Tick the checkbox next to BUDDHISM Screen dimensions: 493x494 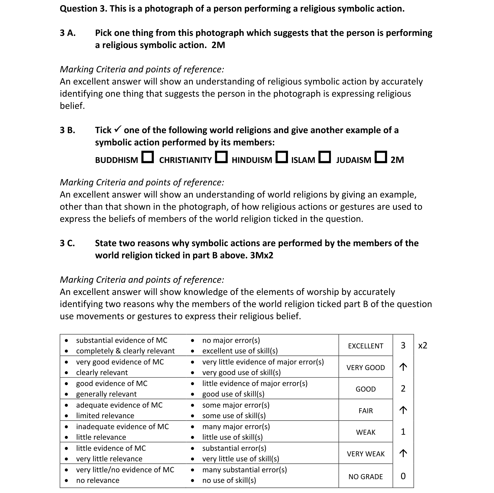tap(148, 157)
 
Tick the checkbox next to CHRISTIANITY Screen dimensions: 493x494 tap(221, 157)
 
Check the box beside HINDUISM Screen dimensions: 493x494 tap(282, 157)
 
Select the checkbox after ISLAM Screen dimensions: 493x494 tap(325, 157)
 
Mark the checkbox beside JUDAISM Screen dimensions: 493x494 tap(381, 157)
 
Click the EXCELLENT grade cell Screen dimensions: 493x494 tap(366, 346)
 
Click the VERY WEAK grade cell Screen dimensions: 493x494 tap(366, 454)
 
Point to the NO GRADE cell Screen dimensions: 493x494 tap(366, 477)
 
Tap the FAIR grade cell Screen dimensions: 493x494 tap(366, 411)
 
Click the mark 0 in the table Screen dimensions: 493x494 tap(403, 476)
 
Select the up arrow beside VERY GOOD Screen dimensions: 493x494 tap(403, 367)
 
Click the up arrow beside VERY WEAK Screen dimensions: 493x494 tap(403, 453)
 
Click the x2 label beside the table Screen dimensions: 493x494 tap(423, 345)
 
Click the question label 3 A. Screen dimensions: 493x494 tap(68, 33)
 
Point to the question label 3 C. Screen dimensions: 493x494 tap(67, 243)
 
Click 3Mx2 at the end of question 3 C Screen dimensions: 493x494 tap(261, 255)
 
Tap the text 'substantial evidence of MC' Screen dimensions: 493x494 tap(122, 340)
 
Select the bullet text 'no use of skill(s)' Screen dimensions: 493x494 tap(229, 480)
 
